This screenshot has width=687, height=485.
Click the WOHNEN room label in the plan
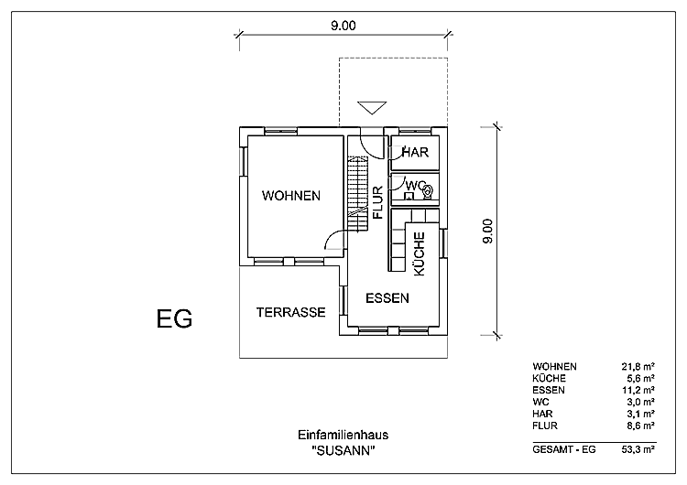pyautogui.click(x=290, y=196)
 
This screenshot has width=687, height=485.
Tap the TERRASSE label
pyautogui.click(x=290, y=312)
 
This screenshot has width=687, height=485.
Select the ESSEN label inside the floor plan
pyautogui.click(x=387, y=298)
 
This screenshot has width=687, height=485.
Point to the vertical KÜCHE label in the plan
pyautogui.click(x=419, y=254)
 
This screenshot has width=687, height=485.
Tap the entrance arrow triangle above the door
pyautogui.click(x=371, y=107)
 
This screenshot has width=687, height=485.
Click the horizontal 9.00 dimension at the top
pyautogui.click(x=343, y=26)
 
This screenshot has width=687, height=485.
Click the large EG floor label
pyautogui.click(x=174, y=318)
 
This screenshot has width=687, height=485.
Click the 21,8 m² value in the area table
pyautogui.click(x=638, y=366)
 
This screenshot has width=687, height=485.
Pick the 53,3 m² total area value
pyautogui.click(x=638, y=448)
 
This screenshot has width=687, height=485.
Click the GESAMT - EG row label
pyautogui.click(x=557, y=448)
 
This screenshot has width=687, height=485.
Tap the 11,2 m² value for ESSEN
pyautogui.click(x=638, y=390)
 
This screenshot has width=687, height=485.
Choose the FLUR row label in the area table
pyautogui.click(x=545, y=426)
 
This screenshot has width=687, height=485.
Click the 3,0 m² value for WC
pyautogui.click(x=639, y=402)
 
